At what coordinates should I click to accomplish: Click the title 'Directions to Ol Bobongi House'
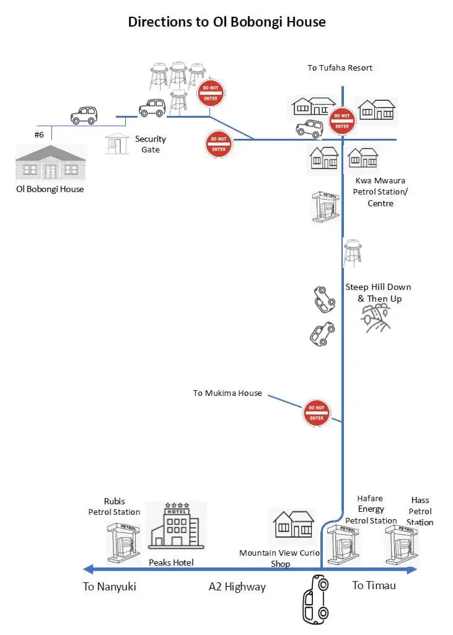226,22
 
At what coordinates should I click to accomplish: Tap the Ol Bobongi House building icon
50,162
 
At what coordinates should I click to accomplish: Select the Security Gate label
150,144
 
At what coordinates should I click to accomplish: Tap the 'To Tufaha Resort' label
340,68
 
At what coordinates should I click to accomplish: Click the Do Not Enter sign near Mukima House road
316,413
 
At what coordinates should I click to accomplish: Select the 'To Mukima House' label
227,393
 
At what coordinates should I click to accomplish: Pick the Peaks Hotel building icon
175,525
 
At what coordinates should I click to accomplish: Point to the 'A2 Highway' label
237,587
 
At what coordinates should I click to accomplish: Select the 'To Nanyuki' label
109,586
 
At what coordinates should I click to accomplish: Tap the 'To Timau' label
374,585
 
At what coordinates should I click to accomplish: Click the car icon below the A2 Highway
314,600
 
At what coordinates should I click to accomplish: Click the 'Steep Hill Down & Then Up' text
378,292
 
